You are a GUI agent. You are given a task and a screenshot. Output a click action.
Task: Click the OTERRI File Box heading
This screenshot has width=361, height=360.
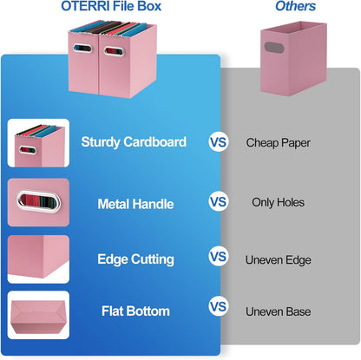point(111,7)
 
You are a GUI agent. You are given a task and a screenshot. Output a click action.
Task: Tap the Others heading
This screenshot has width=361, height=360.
point(295,7)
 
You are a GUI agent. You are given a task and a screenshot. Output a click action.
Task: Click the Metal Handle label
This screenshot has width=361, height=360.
point(135,205)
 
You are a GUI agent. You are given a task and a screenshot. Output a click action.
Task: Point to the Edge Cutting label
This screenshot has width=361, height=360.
point(135,259)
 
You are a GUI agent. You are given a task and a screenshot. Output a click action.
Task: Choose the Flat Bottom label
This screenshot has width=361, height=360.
point(135,311)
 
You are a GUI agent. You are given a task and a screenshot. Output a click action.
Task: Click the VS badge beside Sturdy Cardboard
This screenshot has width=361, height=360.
point(219,141)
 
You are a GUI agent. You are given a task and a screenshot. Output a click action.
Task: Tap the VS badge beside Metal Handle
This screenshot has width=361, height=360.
point(219,202)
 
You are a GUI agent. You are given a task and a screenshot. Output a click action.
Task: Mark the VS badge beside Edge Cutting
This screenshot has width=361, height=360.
point(219,258)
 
